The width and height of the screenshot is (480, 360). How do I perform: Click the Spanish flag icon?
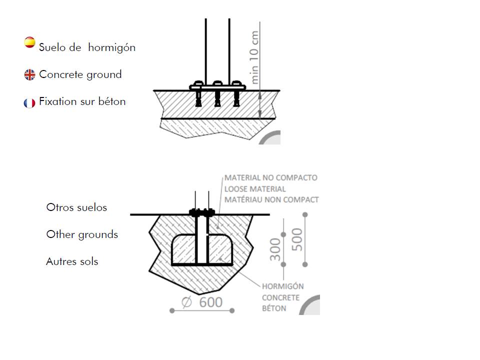click(29, 42)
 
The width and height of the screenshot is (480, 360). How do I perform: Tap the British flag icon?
click(29, 74)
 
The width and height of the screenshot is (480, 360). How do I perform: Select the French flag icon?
click(29, 103)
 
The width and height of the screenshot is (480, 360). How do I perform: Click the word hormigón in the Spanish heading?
click(111, 48)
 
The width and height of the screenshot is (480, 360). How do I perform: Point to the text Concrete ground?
click(80, 74)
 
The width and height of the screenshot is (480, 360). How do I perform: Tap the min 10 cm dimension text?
click(254, 57)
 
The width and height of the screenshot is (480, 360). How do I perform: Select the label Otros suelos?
click(76, 207)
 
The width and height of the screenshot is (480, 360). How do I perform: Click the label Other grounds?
click(82, 235)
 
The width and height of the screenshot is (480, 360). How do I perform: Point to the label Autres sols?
click(72, 261)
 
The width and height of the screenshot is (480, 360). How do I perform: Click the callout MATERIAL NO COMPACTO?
click(271, 178)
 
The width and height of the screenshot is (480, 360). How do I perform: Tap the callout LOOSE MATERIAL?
click(255, 189)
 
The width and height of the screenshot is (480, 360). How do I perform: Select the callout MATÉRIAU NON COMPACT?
click(272, 199)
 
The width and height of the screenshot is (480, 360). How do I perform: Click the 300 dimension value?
click(275, 249)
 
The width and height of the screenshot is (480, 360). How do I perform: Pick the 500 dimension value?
click(297, 239)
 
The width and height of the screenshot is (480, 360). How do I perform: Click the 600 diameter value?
click(211, 302)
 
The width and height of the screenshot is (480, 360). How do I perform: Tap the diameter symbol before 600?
click(186, 302)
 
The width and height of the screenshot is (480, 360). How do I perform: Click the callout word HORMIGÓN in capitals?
click(283, 286)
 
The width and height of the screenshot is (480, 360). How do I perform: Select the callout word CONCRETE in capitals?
click(280, 297)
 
